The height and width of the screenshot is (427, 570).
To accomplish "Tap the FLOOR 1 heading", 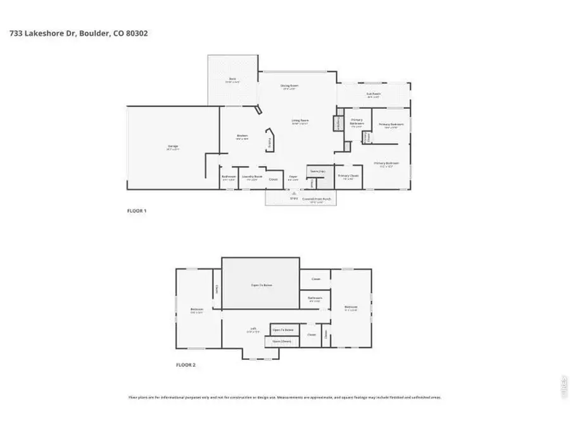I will [x=137, y=210].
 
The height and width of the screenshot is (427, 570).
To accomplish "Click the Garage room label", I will [x=172, y=148].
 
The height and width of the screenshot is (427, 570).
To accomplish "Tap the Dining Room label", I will [x=289, y=87].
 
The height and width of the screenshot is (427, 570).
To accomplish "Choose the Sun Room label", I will [x=373, y=96].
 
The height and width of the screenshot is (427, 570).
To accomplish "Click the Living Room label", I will [x=300, y=121].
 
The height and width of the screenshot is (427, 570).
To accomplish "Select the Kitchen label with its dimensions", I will [x=241, y=137].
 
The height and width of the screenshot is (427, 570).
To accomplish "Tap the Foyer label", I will [x=293, y=178].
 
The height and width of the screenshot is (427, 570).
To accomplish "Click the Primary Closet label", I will [x=348, y=177].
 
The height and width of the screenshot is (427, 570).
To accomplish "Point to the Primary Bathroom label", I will [x=357, y=122].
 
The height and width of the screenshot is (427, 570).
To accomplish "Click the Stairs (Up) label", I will [x=317, y=171].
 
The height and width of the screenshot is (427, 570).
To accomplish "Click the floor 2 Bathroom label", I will [x=315, y=299].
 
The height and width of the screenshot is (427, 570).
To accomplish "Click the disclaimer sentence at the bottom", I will [x=284, y=397].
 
